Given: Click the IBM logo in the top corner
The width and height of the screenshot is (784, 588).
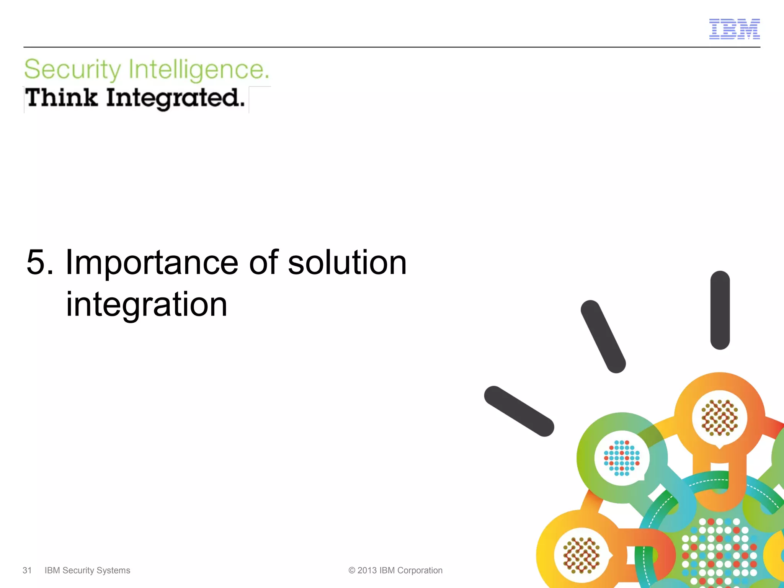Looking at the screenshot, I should pyautogui.click(x=734, y=29).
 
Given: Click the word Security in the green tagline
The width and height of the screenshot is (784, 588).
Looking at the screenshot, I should pyautogui.click(x=72, y=70).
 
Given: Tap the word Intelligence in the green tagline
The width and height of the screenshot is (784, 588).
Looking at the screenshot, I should pyautogui.click(x=198, y=70).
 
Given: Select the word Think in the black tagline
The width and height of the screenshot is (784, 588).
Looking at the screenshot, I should pyautogui.click(x=61, y=98).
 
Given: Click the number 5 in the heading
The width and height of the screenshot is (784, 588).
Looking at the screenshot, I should pyautogui.click(x=37, y=263).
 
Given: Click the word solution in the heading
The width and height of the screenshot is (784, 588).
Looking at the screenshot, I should pyautogui.click(x=347, y=263).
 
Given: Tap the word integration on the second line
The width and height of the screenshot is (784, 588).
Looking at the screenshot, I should pyautogui.click(x=147, y=305).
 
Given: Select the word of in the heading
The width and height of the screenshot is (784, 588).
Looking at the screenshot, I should pyautogui.click(x=263, y=263).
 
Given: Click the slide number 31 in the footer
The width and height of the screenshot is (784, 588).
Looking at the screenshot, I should pyautogui.click(x=27, y=570).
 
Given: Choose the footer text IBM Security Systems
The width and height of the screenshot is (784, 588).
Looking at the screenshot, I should pyautogui.click(x=87, y=570).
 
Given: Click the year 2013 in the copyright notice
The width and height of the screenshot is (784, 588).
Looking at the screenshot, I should pyautogui.click(x=367, y=570).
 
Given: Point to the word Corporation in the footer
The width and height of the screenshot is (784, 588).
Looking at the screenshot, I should pyautogui.click(x=420, y=570).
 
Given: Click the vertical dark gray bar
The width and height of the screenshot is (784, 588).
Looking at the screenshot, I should pyautogui.click(x=720, y=310).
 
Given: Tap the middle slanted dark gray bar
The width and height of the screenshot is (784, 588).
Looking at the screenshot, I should pyautogui.click(x=603, y=336).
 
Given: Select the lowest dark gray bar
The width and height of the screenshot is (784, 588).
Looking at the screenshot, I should pyautogui.click(x=519, y=411).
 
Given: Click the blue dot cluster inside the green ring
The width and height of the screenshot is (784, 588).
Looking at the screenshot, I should pyautogui.click(x=622, y=458).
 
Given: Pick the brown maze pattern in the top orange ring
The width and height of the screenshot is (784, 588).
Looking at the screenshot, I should pyautogui.click(x=719, y=418).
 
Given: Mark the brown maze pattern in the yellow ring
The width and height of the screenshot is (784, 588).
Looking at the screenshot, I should pyautogui.click(x=581, y=555).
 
